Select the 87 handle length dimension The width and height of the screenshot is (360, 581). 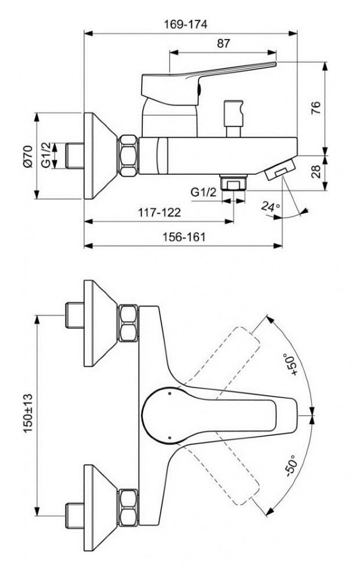[224, 43]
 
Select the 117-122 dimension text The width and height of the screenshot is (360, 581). [159, 213]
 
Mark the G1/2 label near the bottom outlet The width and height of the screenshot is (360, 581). [204, 192]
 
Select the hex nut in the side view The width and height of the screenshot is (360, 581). [129, 155]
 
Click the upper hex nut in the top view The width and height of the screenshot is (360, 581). [129, 323]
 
